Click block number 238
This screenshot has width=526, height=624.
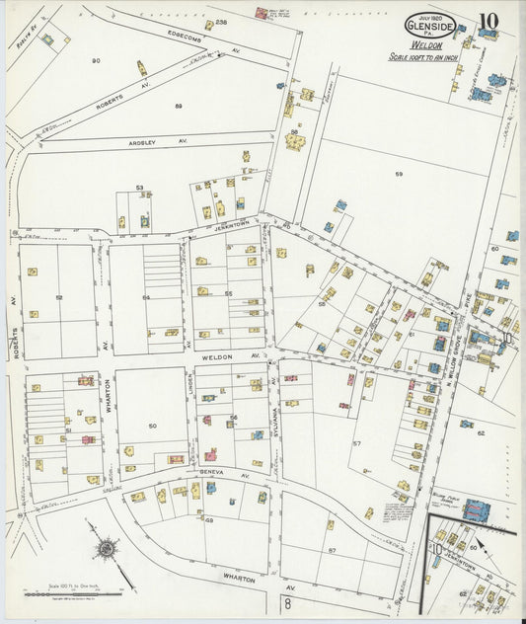[221, 22]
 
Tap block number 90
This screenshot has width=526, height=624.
[96, 61]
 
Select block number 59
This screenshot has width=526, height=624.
[399, 175]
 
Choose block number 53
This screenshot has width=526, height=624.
[140, 188]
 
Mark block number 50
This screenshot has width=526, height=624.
[152, 426]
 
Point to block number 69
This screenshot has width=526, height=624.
[209, 519]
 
